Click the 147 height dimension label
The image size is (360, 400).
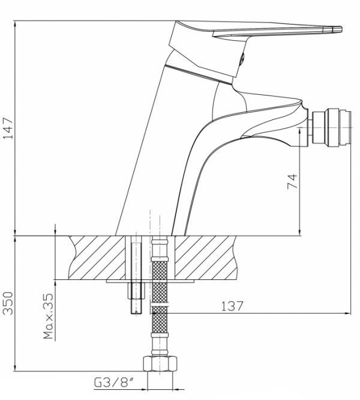click(x=8, y=127)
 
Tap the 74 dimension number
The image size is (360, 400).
click(x=292, y=181)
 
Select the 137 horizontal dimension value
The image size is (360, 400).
click(x=232, y=306)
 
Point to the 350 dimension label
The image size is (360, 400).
click(x=8, y=303)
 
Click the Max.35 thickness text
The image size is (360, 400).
click(x=49, y=316)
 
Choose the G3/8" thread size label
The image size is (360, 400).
click(x=114, y=383)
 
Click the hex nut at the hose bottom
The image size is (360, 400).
click(x=160, y=364)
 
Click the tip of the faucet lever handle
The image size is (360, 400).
click(x=341, y=29)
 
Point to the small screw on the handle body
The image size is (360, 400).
click(x=242, y=58)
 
